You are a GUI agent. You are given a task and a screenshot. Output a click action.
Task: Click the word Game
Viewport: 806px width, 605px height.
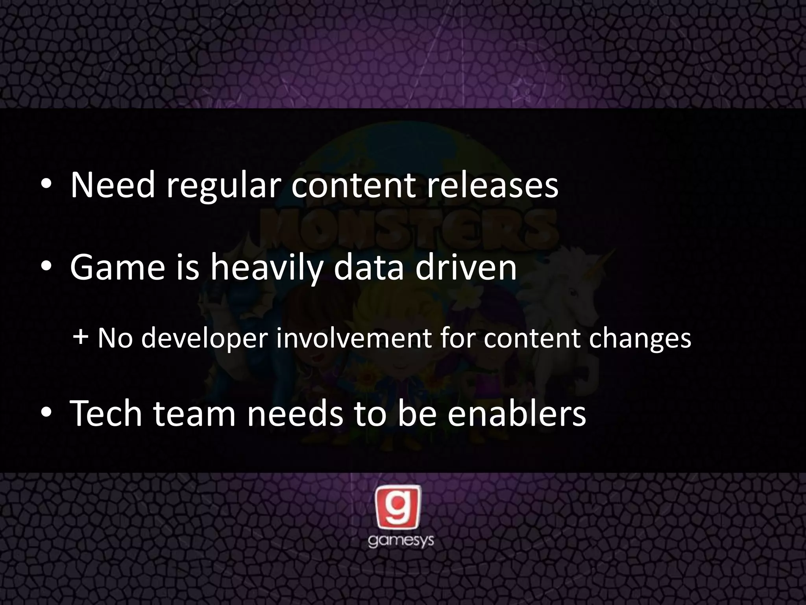click(x=117, y=267)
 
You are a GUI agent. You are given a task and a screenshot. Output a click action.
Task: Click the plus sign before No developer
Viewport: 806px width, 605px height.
click(x=80, y=338)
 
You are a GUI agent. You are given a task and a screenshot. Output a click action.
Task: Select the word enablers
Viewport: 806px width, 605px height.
click(x=517, y=413)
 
